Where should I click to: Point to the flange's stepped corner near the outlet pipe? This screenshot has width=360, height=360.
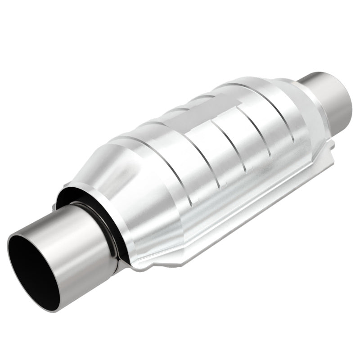coord(331,146)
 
